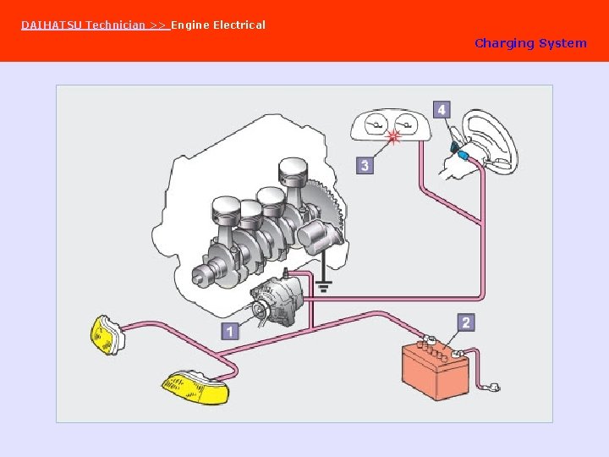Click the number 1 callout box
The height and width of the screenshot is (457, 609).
[230, 331]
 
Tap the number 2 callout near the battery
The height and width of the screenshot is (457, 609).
[466, 322]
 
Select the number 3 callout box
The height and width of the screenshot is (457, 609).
[365, 165]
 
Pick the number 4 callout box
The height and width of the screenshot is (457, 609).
[442, 110]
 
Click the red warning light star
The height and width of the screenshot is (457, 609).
[393, 138]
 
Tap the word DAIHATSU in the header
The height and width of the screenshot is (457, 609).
[52, 25]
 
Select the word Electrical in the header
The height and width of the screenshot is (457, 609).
[239, 25]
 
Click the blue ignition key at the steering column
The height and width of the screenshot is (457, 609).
[462, 155]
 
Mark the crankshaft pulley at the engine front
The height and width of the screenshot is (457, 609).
[204, 273]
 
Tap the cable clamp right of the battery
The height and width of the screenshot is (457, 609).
[490, 388]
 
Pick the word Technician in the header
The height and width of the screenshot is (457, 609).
[116, 25]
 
